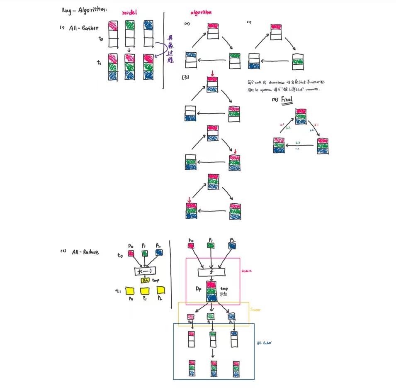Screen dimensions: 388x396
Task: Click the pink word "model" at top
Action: click(x=131, y=13)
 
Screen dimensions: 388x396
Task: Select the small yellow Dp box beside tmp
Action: click(x=145, y=281)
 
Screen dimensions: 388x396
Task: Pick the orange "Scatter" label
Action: click(x=256, y=309)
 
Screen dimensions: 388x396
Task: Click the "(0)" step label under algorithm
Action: click(x=187, y=24)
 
